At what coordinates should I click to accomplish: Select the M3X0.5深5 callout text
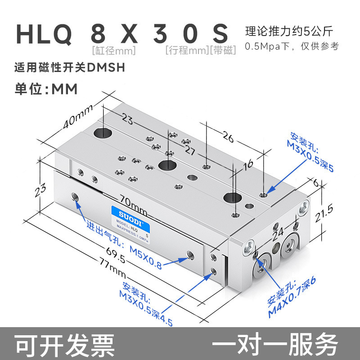click(x=310, y=156)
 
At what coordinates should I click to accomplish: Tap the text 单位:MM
click(x=46, y=89)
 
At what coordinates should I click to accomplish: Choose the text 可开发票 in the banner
click(x=65, y=345)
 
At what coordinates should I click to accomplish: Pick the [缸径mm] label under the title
click(x=113, y=50)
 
